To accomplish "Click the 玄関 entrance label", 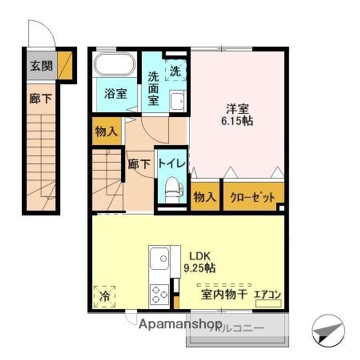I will click(x=40, y=65).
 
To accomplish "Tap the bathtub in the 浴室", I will click(x=115, y=64).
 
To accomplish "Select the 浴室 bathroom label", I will click(x=115, y=93).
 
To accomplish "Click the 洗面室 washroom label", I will click(x=153, y=88).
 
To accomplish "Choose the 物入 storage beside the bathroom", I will click(x=106, y=132).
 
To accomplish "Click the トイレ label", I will click(x=172, y=163).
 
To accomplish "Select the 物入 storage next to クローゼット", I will click(x=205, y=197).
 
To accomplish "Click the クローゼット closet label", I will click(x=252, y=197).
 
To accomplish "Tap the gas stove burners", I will click(x=160, y=293).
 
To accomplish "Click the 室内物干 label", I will click(x=224, y=294).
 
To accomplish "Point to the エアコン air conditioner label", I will click(x=268, y=294).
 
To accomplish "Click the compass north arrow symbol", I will click(x=328, y=330).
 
